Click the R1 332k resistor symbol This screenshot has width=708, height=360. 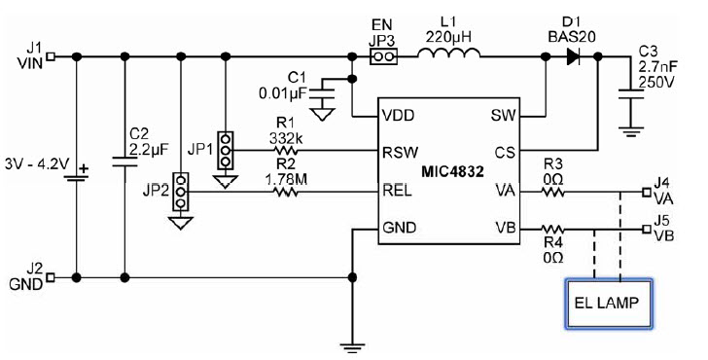[x=286, y=152]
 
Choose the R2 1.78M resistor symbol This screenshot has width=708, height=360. [x=286, y=193]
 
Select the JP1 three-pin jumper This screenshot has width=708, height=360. [x=226, y=151]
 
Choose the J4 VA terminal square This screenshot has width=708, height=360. [x=647, y=193]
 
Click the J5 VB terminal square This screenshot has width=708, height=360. [x=647, y=231]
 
